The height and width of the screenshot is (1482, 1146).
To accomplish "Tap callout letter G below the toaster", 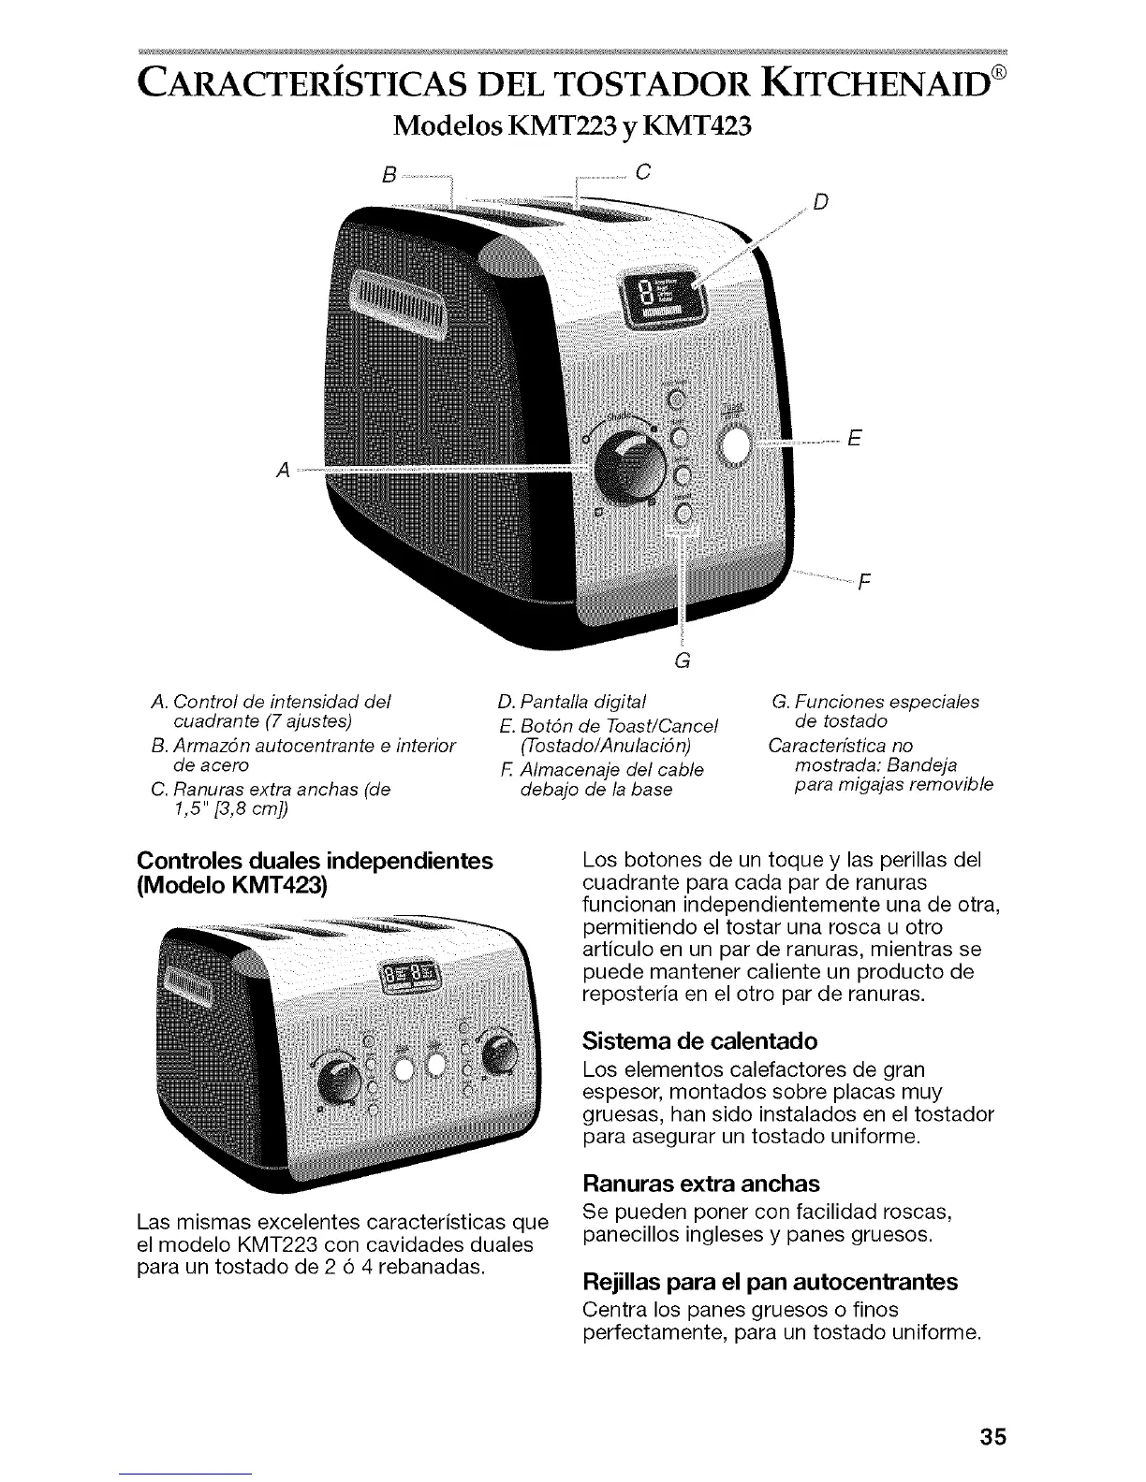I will coord(682,661).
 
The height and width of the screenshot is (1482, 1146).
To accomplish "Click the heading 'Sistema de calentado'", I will coord(699,1041).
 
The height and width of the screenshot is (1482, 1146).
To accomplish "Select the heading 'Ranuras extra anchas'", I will coord(700,1181).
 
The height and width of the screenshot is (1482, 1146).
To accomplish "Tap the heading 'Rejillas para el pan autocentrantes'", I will coord(770,1282).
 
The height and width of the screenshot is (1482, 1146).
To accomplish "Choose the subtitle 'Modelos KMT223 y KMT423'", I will coord(572,125).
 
